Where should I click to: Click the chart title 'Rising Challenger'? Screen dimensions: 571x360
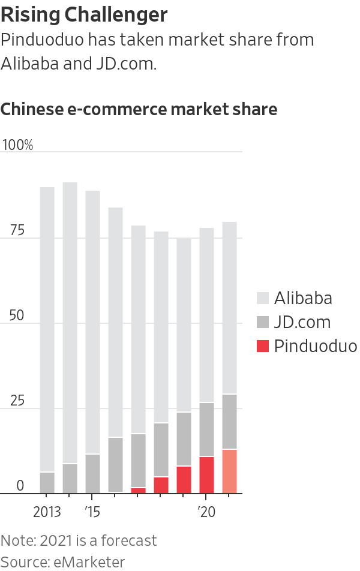[x=84, y=14]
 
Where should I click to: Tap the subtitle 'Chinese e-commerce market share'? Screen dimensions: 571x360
[x=139, y=109]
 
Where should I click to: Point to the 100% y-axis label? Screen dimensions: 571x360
[x=18, y=146]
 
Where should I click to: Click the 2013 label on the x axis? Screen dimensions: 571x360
[x=47, y=512]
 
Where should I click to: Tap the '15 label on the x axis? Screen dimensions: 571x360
[x=92, y=512]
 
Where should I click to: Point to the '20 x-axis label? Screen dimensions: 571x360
[x=206, y=512]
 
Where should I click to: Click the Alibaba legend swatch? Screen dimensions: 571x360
[x=262, y=298]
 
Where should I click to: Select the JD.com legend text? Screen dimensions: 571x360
[x=302, y=322]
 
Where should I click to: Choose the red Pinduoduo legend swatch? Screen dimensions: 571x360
[x=262, y=346]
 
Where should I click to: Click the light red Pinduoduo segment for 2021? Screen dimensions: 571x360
[x=229, y=471]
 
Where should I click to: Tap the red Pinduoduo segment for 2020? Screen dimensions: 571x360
[x=206, y=475]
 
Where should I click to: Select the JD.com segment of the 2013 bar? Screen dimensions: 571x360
[x=47, y=483]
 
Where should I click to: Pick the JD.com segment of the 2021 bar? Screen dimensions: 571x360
[x=229, y=421]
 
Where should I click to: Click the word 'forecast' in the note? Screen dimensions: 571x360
[x=127, y=540]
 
